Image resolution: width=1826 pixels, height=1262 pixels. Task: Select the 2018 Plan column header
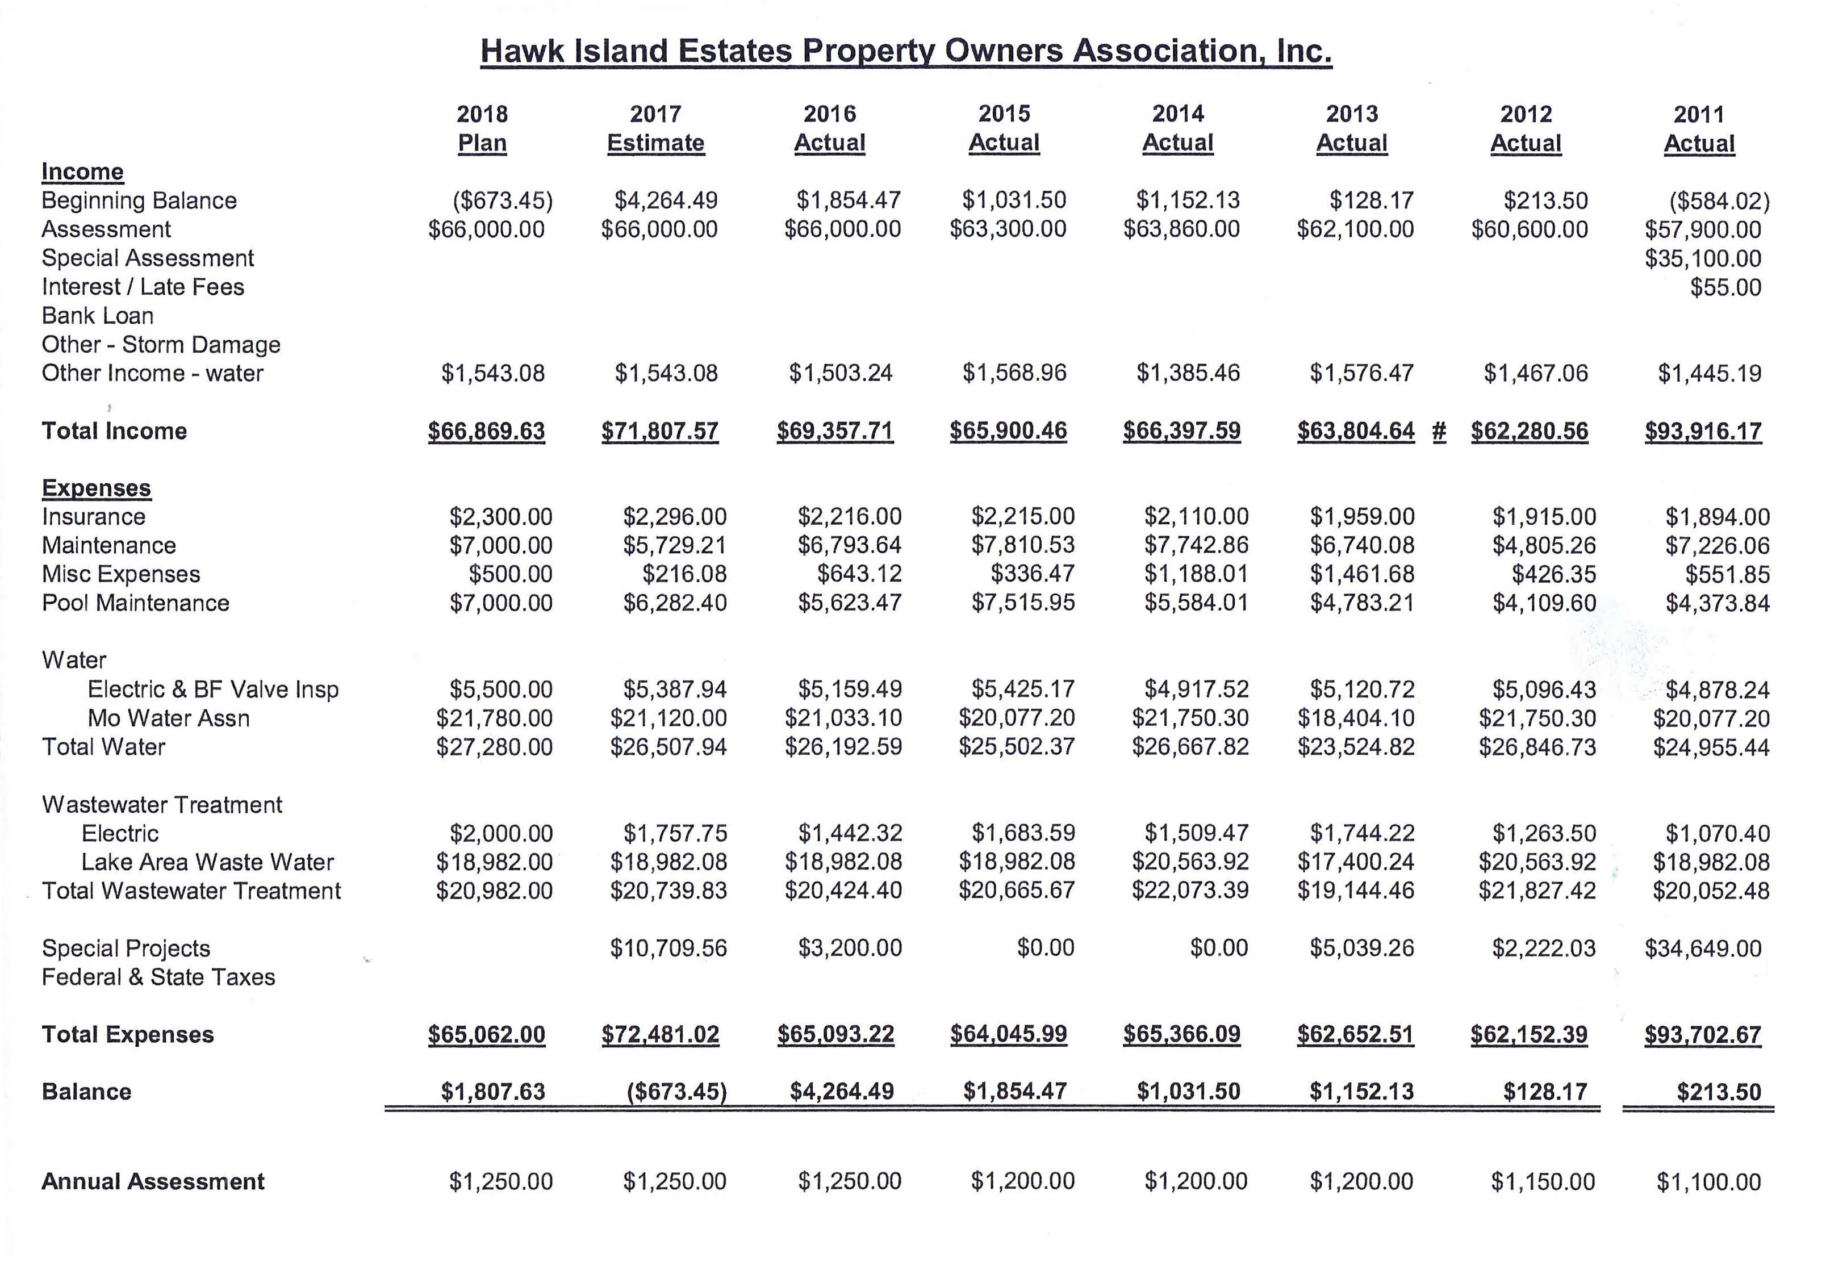pyautogui.click(x=482, y=129)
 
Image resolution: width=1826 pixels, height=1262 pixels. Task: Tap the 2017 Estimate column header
pyautogui.click(x=655, y=129)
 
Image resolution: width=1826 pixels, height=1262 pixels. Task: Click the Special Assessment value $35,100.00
pyautogui.click(x=1703, y=258)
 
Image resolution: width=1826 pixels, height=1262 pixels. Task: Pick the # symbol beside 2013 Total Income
pyautogui.click(x=1439, y=432)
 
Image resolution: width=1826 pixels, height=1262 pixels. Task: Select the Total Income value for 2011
pyautogui.click(x=1703, y=432)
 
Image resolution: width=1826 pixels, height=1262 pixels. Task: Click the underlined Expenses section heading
pyautogui.click(x=97, y=488)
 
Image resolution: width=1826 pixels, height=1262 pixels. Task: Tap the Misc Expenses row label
pyautogui.click(x=121, y=574)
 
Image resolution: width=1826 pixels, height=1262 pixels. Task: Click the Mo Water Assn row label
pyautogui.click(x=169, y=718)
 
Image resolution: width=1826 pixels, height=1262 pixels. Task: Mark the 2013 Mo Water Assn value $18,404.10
pyautogui.click(x=1356, y=718)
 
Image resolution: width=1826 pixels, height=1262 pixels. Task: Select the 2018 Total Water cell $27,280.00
pyautogui.click(x=494, y=747)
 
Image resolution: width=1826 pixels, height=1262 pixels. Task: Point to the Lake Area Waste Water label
pyautogui.click(x=207, y=862)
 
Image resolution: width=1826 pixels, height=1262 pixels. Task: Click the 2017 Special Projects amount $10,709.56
pyautogui.click(x=668, y=948)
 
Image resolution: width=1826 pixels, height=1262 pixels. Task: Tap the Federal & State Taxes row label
pyautogui.click(x=158, y=977)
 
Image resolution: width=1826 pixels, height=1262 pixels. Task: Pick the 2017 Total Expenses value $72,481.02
pyautogui.click(x=661, y=1034)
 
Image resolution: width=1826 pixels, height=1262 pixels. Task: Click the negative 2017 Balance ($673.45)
pyautogui.click(x=676, y=1092)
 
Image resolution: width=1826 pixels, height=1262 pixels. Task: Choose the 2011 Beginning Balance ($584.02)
pyautogui.click(x=1719, y=201)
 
